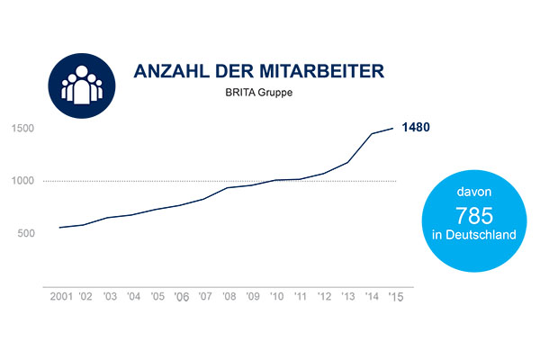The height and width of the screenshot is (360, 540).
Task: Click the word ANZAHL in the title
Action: [163, 71]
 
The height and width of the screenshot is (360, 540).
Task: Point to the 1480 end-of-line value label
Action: [416, 127]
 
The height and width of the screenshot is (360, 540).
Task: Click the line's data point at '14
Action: [372, 134]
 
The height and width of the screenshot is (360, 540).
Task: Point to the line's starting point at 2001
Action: [59, 228]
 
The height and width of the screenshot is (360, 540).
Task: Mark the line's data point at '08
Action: [229, 187]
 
